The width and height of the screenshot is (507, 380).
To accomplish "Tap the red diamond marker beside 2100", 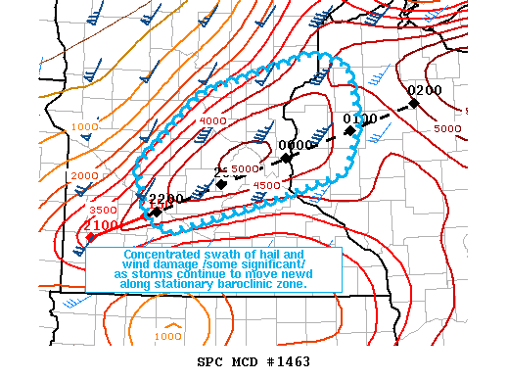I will click(x=90, y=237).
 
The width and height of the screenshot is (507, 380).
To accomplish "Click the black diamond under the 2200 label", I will click(x=157, y=212).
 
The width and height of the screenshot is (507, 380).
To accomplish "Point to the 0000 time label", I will click(x=296, y=145).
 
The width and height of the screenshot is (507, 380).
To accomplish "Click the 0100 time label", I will click(x=360, y=119).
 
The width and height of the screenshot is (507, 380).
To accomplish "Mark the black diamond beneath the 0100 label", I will click(x=349, y=130).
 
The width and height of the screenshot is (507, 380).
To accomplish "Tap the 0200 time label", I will click(x=425, y=90).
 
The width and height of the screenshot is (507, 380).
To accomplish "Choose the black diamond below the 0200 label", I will click(x=414, y=103).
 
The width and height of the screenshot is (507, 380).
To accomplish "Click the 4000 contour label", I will click(x=212, y=120).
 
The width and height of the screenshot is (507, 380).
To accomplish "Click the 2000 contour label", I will click(x=85, y=174).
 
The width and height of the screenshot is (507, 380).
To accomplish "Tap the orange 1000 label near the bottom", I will click(x=168, y=336).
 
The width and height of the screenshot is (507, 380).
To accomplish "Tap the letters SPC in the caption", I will click(x=209, y=362).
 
